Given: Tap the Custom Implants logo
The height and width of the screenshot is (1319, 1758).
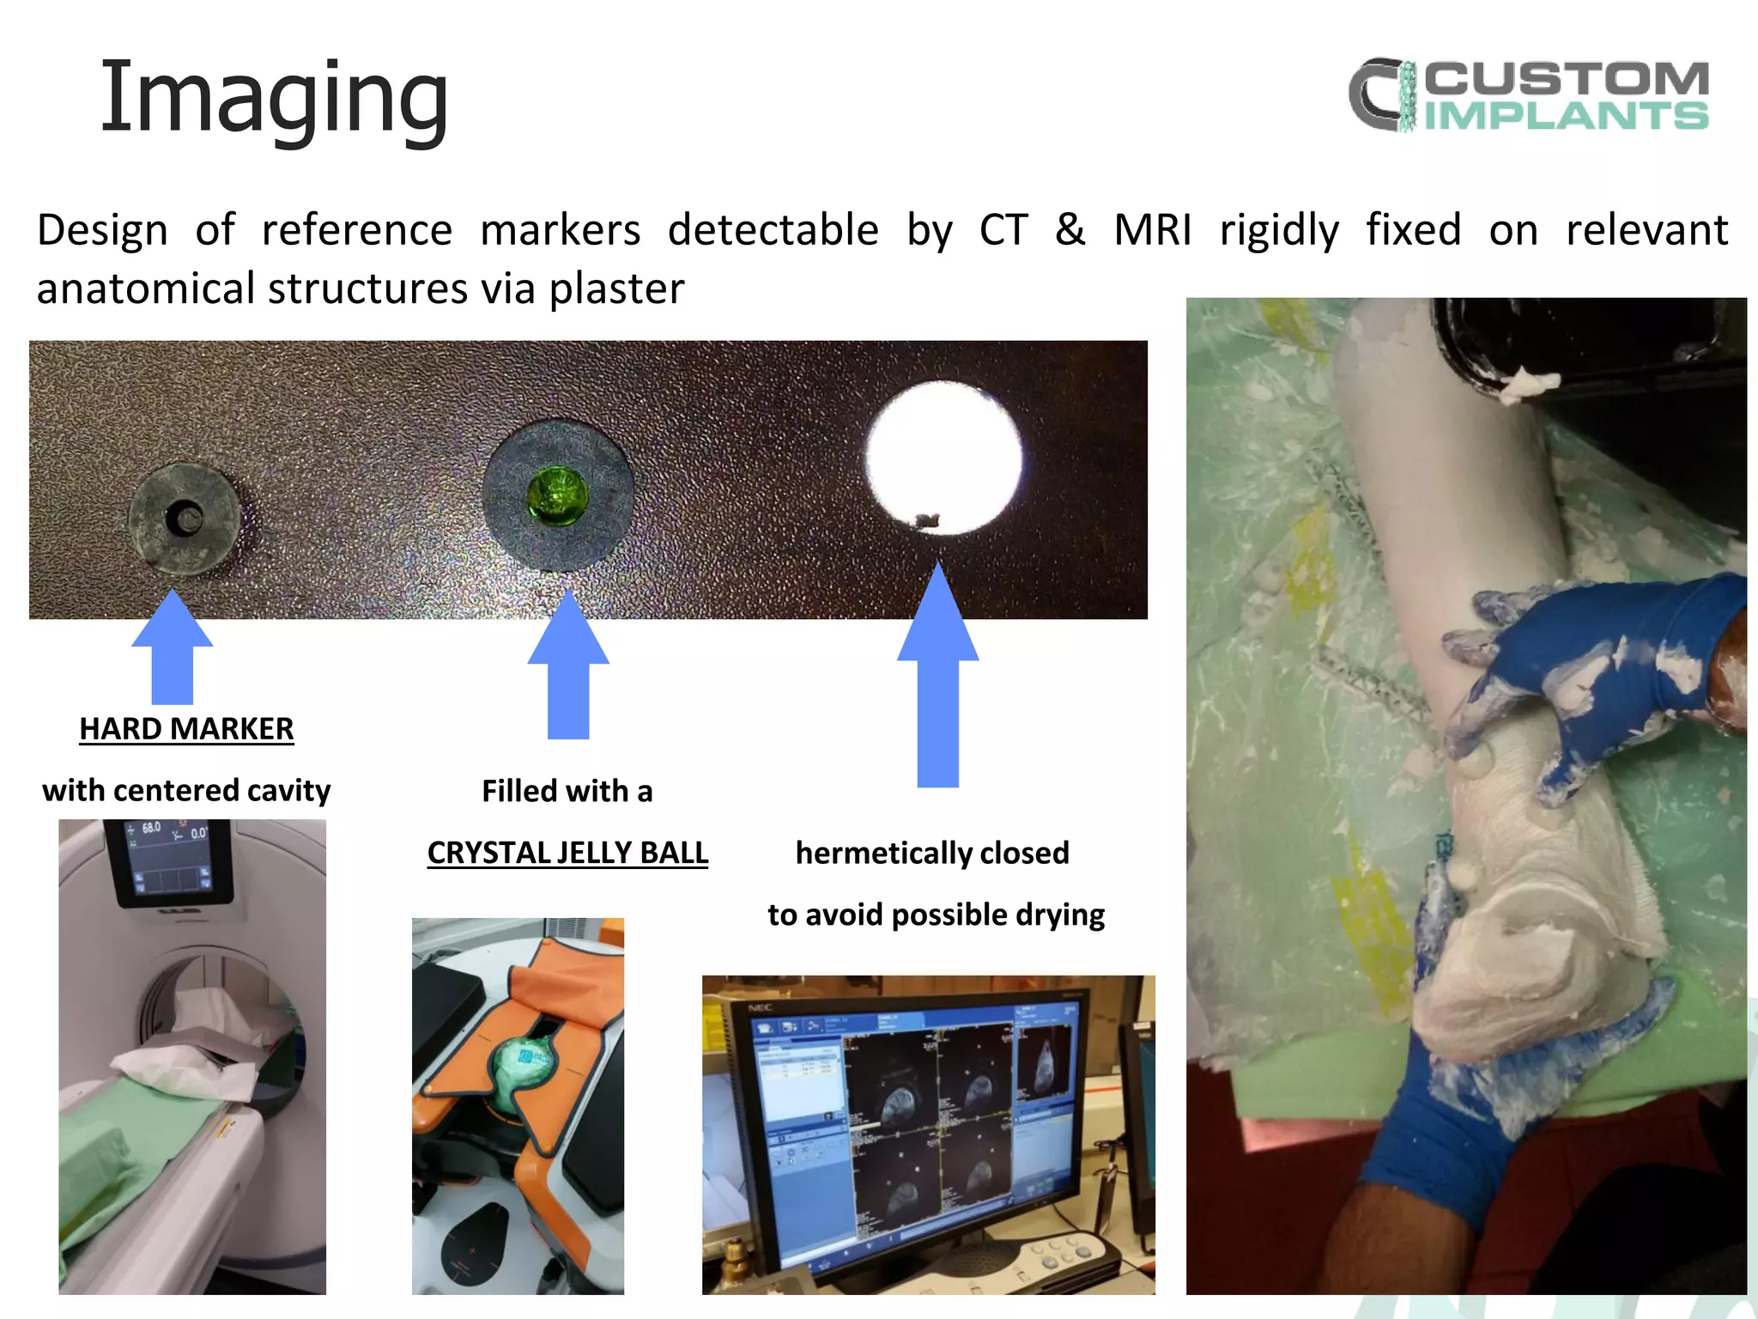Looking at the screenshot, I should pyautogui.click(x=1528, y=94).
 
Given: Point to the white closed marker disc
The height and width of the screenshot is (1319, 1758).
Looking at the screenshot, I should pyautogui.click(x=943, y=458).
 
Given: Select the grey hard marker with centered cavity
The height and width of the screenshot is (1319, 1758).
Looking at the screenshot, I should pyautogui.click(x=183, y=519).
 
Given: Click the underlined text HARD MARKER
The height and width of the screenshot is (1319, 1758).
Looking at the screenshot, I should pyautogui.click(x=186, y=729).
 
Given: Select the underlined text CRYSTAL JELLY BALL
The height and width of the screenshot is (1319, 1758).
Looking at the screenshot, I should pyautogui.click(x=567, y=853).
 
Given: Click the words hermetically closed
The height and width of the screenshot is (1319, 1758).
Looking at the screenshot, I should pyautogui.click(x=932, y=853).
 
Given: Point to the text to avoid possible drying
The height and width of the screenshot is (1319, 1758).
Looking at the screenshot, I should pyautogui.click(x=936, y=915).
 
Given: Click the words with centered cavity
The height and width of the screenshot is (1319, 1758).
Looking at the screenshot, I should pyautogui.click(x=186, y=790).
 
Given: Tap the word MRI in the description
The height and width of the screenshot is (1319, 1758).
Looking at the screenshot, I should pyautogui.click(x=1153, y=230).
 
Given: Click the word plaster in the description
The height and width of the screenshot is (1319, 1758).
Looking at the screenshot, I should pyautogui.click(x=615, y=289).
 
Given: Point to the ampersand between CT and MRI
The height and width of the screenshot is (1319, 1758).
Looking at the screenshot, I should pyautogui.click(x=1070, y=230).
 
